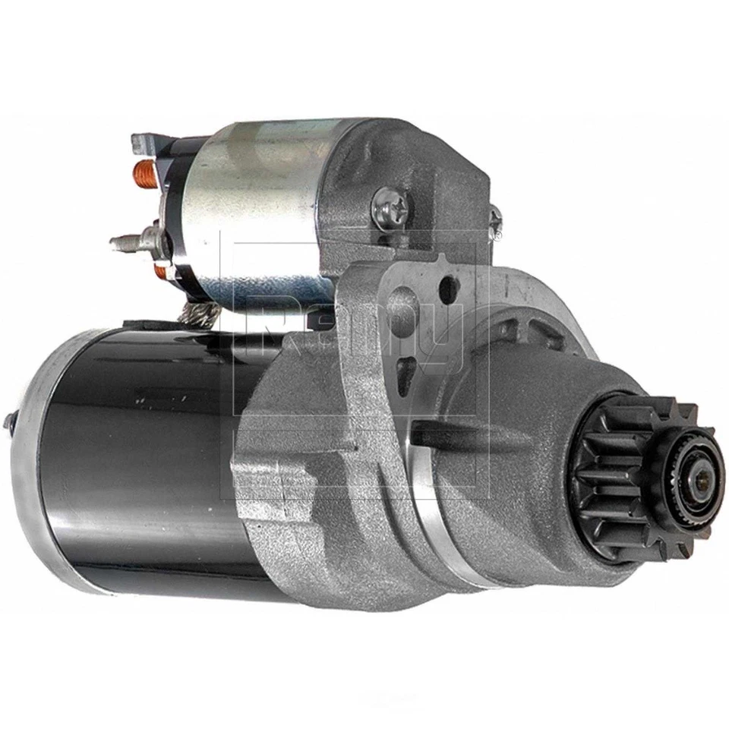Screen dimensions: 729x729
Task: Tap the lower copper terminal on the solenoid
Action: pyautogui.click(x=160, y=270)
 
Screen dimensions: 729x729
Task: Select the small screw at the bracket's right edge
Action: pyautogui.click(x=494, y=219)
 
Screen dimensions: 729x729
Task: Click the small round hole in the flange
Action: pyautogui.click(x=450, y=287)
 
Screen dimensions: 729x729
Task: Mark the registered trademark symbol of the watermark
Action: pyautogui.click(x=497, y=236)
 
